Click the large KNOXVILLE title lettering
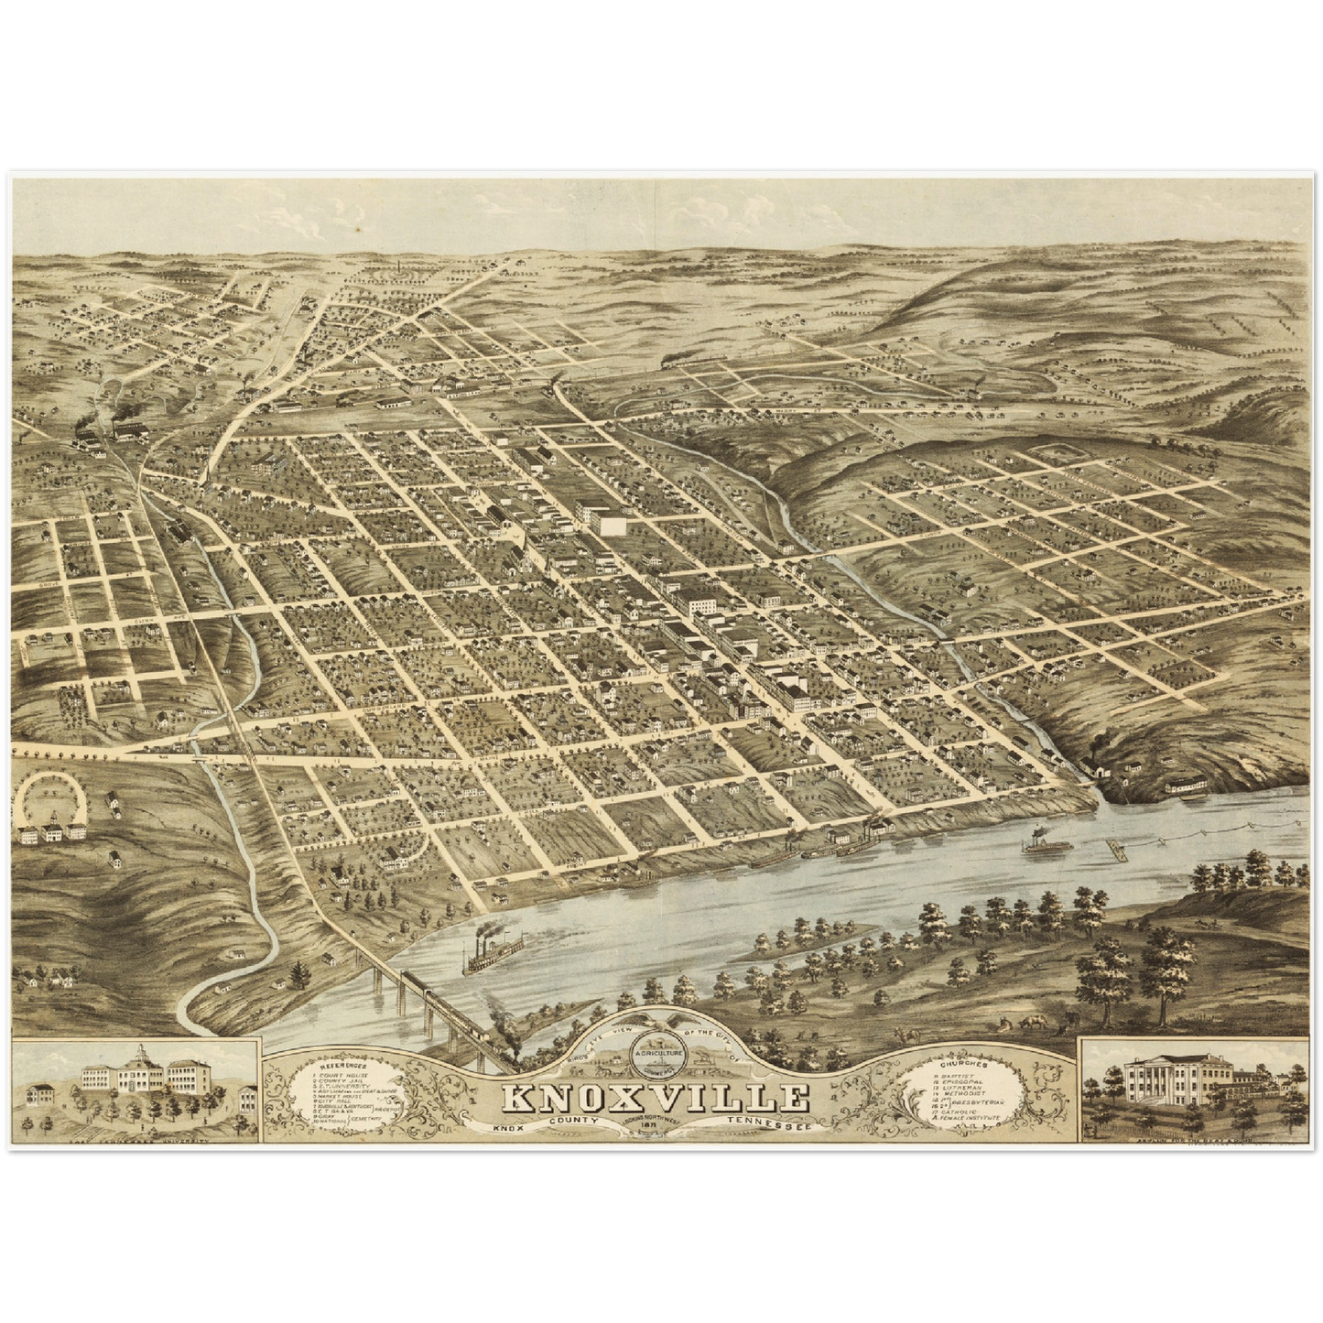click(655, 1100)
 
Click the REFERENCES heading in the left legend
click(344, 1067)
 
